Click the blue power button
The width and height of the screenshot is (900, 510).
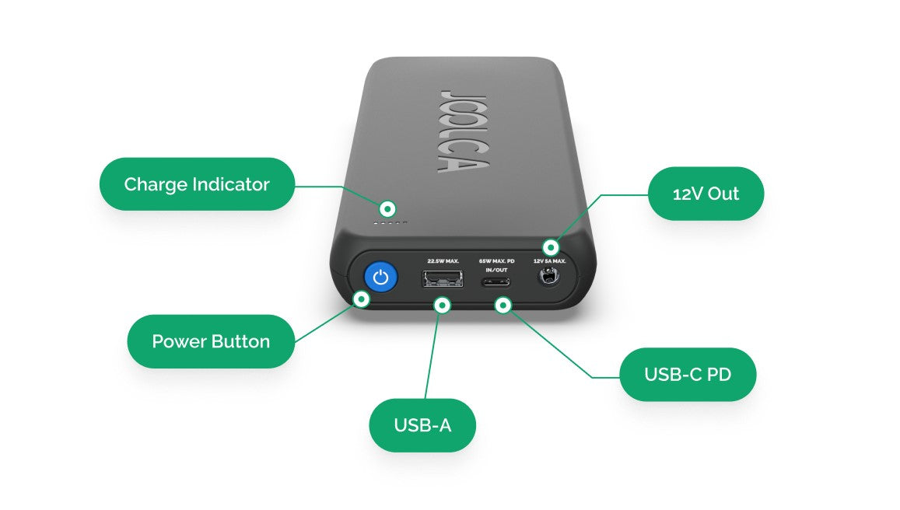(380, 278)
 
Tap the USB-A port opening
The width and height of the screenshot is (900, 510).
(443, 279)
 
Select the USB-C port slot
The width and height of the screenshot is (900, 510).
(496, 282)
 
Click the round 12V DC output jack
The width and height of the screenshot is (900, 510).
(548, 277)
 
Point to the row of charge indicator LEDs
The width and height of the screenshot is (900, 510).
(390, 222)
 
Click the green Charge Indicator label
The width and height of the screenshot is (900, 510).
(197, 184)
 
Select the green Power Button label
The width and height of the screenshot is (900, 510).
(211, 341)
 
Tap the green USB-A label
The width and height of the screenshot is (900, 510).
(422, 425)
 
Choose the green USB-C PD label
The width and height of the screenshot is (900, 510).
(688, 374)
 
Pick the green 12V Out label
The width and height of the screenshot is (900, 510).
(706, 194)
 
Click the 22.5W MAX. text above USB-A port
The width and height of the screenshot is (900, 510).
(443, 261)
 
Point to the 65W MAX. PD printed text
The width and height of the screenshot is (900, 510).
(496, 261)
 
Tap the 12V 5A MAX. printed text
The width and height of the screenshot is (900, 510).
(549, 261)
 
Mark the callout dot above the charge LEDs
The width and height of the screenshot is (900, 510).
(387, 208)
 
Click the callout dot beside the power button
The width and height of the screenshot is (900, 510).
(361, 299)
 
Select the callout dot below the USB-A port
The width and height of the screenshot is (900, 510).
(442, 306)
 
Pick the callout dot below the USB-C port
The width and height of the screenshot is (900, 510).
(503, 306)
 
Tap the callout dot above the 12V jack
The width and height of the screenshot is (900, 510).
(551, 247)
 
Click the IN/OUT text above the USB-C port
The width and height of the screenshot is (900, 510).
(496, 271)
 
